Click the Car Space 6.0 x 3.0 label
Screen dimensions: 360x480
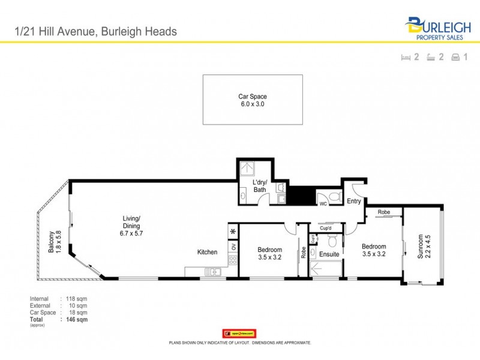click(x=252, y=100)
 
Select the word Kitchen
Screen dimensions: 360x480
click(x=207, y=253)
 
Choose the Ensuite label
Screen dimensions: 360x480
click(x=329, y=254)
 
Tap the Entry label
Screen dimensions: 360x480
click(x=354, y=202)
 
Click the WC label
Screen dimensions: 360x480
click(x=323, y=204)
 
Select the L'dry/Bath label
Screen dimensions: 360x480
click(x=260, y=185)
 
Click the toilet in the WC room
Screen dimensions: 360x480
click(x=335, y=196)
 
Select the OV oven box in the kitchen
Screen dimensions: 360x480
click(x=233, y=247)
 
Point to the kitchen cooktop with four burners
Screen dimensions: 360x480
click(x=232, y=260)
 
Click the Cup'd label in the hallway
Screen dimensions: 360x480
click(x=326, y=229)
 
